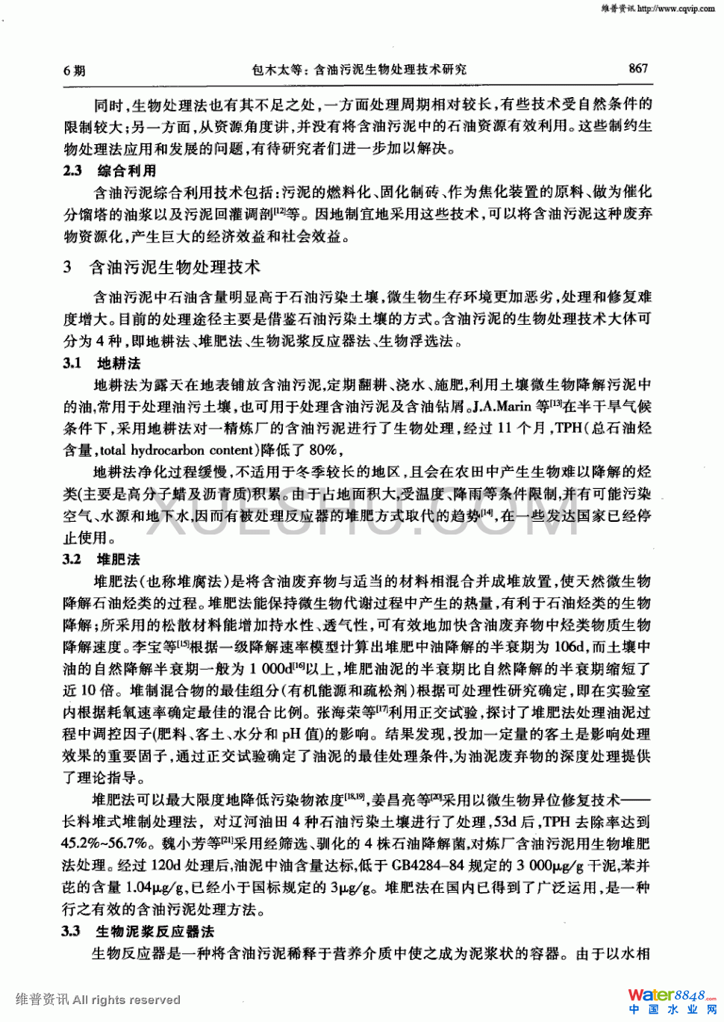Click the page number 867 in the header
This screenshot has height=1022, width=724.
coord(638,69)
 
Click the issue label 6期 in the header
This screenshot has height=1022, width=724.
coord(75,71)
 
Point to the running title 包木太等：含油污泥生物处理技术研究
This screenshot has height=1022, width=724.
coord(359,69)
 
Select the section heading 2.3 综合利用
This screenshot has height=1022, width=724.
coord(110,170)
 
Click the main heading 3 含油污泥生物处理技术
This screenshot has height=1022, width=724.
coord(162,267)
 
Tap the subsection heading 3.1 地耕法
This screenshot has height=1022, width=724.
coord(102,363)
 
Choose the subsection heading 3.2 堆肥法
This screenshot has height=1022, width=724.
coord(102,559)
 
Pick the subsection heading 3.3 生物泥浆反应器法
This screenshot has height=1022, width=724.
coord(138,931)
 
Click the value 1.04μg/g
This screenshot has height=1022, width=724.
coord(154,888)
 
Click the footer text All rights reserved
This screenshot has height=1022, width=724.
coord(126,1000)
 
